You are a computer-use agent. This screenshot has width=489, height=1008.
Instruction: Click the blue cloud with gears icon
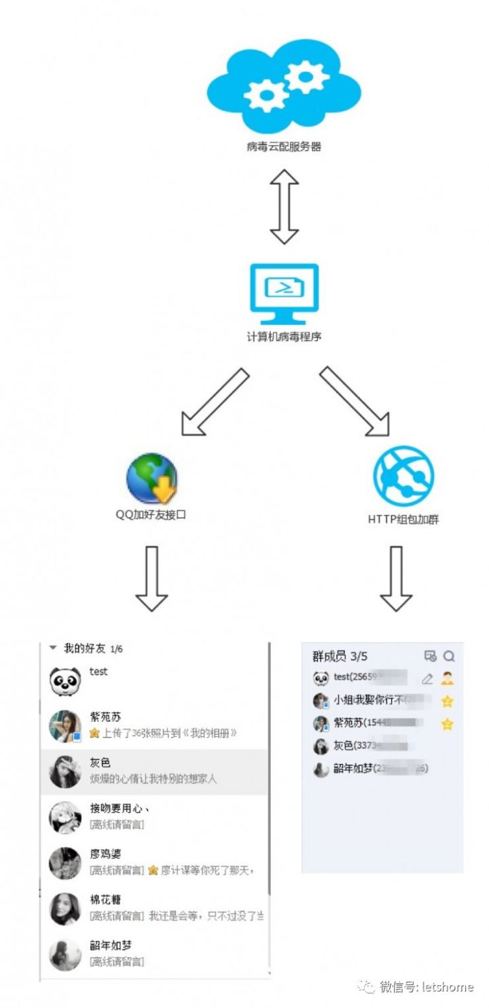pos(284,88)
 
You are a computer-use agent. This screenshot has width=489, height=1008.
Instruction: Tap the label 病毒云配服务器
pos(284,146)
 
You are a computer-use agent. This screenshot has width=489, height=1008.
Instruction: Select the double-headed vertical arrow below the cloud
pos(284,207)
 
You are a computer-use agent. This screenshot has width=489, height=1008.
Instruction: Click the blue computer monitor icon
pos(284,294)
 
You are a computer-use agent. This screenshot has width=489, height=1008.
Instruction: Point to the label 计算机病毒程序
pos(284,336)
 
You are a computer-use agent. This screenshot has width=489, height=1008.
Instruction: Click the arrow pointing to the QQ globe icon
pos(214,402)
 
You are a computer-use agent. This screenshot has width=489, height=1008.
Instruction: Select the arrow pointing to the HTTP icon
pos(355,402)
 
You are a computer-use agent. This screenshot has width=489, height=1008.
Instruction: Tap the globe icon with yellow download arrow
pos(152,479)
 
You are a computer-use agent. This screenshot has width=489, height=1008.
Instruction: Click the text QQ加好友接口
pos(150,515)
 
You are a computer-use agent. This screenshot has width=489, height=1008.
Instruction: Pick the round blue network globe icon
pos(403,476)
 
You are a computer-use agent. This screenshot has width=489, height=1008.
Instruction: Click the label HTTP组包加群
pos(403,519)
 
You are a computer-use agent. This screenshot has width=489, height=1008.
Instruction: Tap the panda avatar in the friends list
pos(65,680)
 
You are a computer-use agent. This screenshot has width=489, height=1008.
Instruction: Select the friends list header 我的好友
pos(84,648)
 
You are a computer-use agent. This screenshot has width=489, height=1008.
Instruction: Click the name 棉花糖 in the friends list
pos(106,900)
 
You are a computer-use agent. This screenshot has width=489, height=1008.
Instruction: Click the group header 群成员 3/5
pos(340,656)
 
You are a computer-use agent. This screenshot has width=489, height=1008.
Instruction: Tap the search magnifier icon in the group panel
pos(449,656)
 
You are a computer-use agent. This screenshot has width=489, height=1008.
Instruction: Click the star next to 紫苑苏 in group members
pos(447,724)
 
